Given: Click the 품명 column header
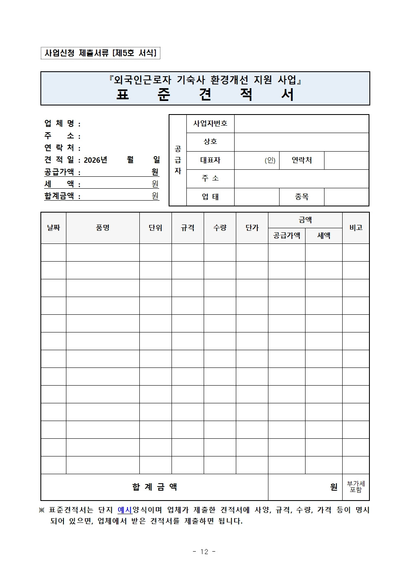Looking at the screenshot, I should [x=103, y=228].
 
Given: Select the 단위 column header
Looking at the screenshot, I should [x=155, y=228].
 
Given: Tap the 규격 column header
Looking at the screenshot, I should [x=188, y=228].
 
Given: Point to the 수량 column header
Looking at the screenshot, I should [x=220, y=228].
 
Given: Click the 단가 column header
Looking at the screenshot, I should [x=252, y=228].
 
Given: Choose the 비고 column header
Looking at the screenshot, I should [x=356, y=228].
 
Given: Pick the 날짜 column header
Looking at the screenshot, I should [x=54, y=228].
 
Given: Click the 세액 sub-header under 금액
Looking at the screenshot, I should [x=324, y=236].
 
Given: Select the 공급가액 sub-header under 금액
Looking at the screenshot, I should [x=287, y=236].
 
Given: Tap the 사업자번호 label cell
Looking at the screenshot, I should [x=210, y=124].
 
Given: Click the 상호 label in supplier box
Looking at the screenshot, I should [x=210, y=142].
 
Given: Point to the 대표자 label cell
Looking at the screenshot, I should [x=210, y=160].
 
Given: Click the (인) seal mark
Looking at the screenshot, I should [x=270, y=160].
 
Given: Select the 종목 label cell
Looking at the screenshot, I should [x=301, y=197].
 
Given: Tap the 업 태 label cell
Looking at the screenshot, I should [x=210, y=197].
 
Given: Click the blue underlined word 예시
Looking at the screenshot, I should [x=125, y=510].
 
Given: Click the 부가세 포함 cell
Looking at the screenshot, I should [x=356, y=487].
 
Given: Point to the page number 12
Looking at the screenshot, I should [x=204, y=552].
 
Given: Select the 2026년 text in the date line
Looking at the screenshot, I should [x=95, y=160].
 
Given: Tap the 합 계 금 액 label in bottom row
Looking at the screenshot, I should [x=155, y=487].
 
